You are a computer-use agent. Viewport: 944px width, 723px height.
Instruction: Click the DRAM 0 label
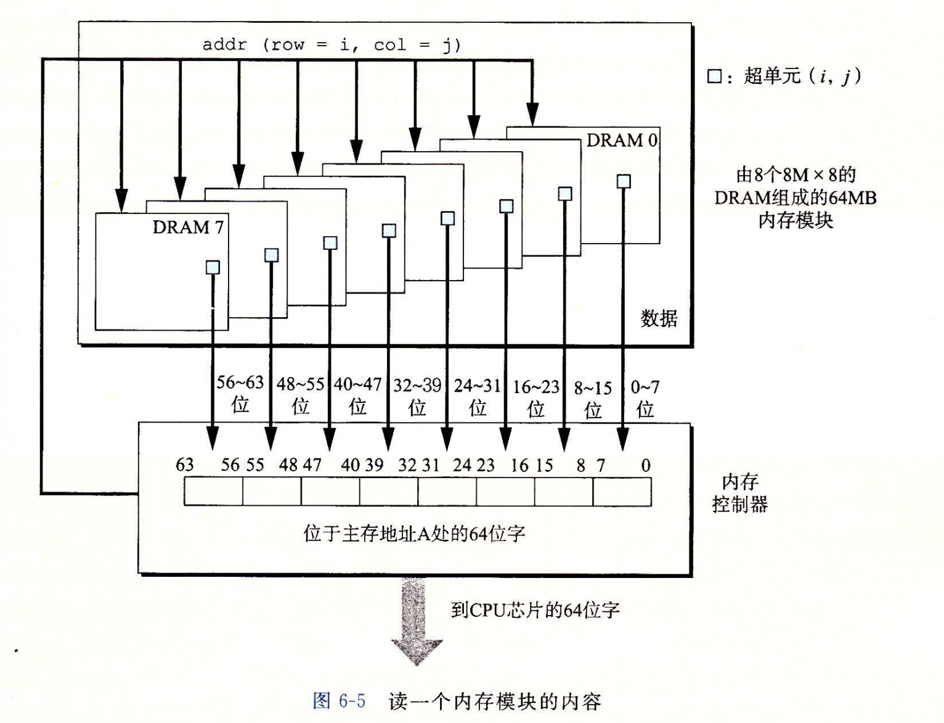pyautogui.click(x=621, y=141)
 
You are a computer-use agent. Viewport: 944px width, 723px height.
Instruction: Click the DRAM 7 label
pyautogui.click(x=187, y=228)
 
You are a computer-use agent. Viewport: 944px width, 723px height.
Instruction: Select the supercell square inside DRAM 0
pyautogui.click(x=624, y=181)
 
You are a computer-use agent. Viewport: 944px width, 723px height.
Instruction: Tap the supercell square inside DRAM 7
pyautogui.click(x=213, y=267)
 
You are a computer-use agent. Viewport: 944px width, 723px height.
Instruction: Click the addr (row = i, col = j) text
pyautogui.click(x=332, y=45)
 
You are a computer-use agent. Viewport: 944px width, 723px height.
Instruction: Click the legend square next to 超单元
pyautogui.click(x=714, y=76)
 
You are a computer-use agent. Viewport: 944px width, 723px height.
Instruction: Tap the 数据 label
pyautogui.click(x=659, y=318)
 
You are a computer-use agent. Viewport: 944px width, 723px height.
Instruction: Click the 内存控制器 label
pyautogui.click(x=739, y=494)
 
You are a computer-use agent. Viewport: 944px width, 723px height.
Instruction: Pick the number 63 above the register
pyautogui.click(x=184, y=465)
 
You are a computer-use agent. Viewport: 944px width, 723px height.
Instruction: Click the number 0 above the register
pyautogui.click(x=645, y=466)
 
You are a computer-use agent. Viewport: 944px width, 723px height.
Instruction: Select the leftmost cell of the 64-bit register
pyautogui.click(x=213, y=492)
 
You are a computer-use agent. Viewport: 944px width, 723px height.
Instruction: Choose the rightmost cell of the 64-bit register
pyautogui.click(x=622, y=492)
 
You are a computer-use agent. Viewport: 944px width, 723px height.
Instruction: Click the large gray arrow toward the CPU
pyautogui.click(x=416, y=620)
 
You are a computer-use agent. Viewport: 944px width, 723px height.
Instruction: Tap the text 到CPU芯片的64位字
pyautogui.click(x=535, y=610)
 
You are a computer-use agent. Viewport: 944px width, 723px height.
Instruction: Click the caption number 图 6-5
pyautogui.click(x=340, y=701)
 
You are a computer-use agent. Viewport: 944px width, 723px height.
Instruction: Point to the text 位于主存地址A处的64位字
pyautogui.click(x=414, y=534)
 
